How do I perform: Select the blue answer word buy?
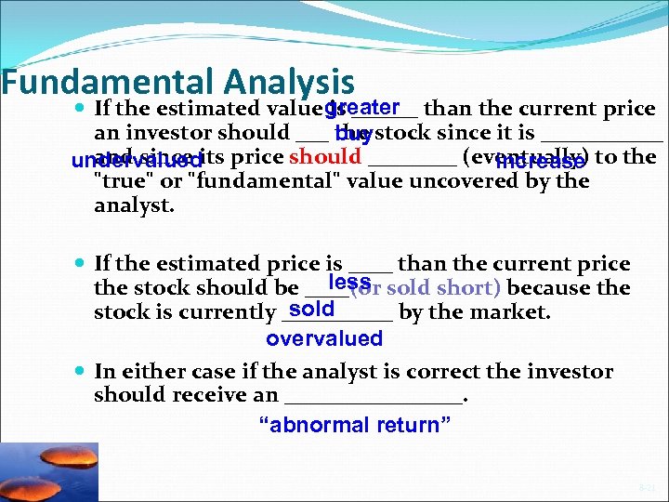(354, 137)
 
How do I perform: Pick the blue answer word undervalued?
(137, 162)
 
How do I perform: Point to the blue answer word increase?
(541, 162)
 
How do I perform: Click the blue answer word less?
(350, 282)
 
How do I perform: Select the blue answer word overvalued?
(324, 338)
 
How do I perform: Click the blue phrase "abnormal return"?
(354, 426)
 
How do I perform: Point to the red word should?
(324, 156)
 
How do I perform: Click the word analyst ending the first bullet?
(134, 205)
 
